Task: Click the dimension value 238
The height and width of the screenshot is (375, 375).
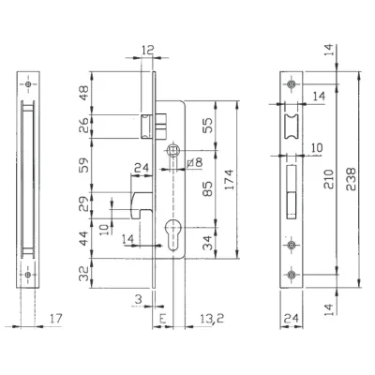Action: (x=351, y=179)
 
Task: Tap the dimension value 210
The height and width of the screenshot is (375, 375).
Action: (x=328, y=179)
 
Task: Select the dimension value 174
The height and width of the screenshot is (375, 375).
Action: (x=229, y=179)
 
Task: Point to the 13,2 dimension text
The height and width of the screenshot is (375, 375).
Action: (x=212, y=319)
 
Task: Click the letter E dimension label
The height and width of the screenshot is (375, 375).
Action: (x=162, y=319)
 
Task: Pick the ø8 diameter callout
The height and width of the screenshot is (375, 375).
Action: (x=194, y=162)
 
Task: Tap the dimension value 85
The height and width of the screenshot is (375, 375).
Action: (x=207, y=188)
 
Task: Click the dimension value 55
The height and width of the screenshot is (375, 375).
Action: (x=207, y=125)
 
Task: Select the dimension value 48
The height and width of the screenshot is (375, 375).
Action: (x=83, y=93)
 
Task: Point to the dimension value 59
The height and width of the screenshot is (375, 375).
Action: (x=83, y=165)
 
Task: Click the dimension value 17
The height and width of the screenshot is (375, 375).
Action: (x=56, y=319)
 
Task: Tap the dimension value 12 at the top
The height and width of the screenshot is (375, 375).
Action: (x=148, y=50)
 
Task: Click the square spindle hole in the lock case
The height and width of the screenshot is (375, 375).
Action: (x=172, y=151)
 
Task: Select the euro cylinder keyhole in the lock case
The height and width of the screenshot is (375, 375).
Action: (x=172, y=234)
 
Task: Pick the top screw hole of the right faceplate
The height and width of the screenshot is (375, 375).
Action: (x=292, y=84)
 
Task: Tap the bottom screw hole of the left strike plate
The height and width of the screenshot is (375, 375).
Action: (x=28, y=275)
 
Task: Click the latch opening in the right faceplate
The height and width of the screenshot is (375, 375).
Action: (x=292, y=127)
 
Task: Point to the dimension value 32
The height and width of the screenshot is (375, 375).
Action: (x=83, y=274)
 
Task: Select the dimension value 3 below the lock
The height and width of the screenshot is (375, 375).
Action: (x=138, y=299)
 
